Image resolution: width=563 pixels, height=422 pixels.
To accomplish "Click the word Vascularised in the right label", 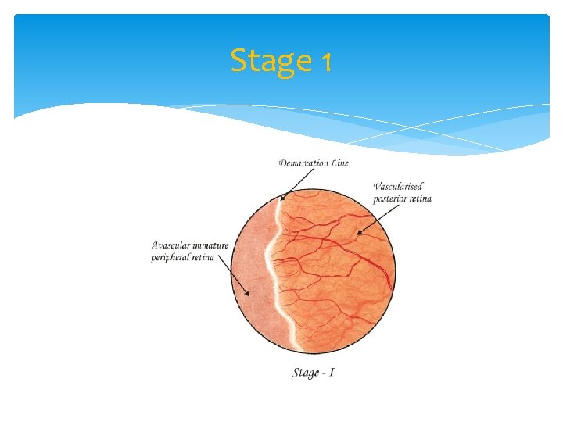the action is point(399,186).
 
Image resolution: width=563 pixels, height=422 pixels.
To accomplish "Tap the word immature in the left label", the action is point(210,245).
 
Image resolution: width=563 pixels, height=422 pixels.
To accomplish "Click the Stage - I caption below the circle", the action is point(314,373).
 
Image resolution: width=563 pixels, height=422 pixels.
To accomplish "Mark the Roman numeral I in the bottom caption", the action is point(332,373).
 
